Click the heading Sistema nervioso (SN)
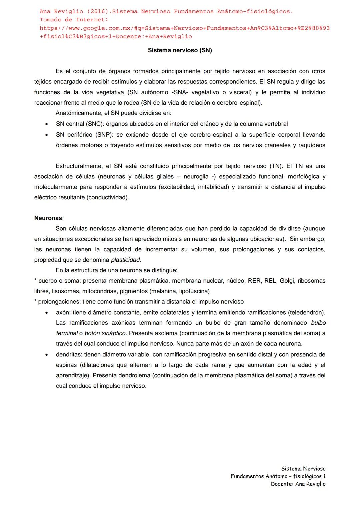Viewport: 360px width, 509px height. coord(180,50)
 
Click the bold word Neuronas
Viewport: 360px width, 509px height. coord(48,218)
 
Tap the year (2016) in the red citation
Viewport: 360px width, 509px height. coord(98,12)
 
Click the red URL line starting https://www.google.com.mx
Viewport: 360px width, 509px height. coord(184,28)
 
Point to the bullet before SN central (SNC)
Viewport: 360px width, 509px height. coord(47,124)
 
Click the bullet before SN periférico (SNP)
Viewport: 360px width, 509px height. coord(47,135)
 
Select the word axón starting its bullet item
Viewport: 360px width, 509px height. coord(63,312)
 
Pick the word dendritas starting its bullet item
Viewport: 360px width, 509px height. coord(69,354)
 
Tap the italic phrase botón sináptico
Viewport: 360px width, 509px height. coord(105,333)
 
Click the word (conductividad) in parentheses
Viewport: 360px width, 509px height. coord(107,197)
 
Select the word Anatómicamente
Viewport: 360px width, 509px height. coord(79,113)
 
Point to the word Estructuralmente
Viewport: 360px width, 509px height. coord(79,166)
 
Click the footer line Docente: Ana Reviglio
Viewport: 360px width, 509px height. coord(298,484)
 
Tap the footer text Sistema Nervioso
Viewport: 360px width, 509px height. coord(303,469)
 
